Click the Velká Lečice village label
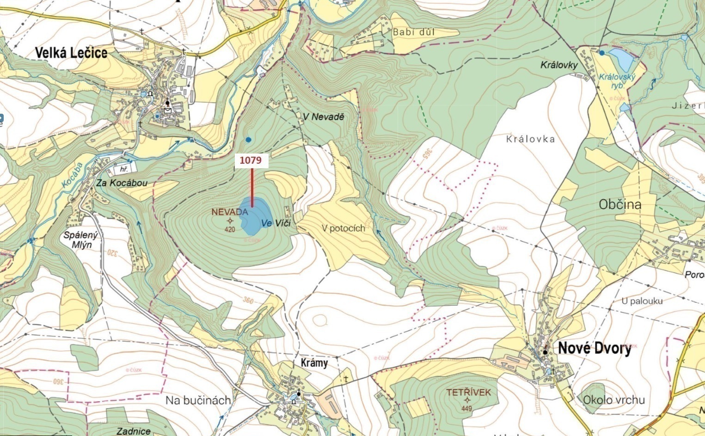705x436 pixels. click(71, 53)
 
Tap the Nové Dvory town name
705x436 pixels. click(595, 348)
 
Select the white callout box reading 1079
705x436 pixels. click(251, 160)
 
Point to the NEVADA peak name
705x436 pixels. click(230, 212)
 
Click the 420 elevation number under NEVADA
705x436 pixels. click(230, 229)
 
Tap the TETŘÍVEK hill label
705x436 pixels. click(468, 393)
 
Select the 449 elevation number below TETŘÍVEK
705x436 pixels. click(466, 408)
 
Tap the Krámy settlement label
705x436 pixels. click(314, 362)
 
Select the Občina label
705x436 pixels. click(620, 204)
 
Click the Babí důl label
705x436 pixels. click(414, 32)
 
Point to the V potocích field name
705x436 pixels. click(343, 228)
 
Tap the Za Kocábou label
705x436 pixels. click(122, 183)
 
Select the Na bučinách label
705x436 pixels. click(198, 400)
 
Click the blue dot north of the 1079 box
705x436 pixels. click(249, 139)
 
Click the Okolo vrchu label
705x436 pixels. click(613, 400)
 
